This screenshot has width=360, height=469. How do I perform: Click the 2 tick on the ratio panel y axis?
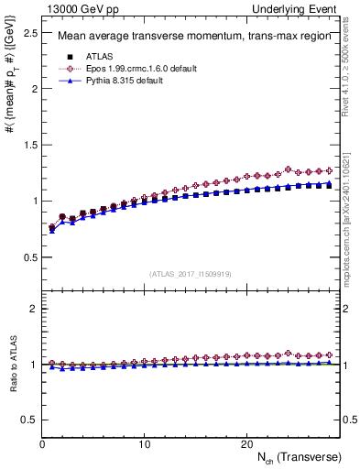click(x=33, y=309)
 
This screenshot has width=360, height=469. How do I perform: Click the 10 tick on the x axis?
click(x=144, y=444)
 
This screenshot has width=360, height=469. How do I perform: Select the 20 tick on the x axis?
click(x=245, y=444)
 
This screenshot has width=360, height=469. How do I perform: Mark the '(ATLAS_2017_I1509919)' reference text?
click(x=190, y=273)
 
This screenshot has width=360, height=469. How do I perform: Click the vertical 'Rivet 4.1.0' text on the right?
click(x=352, y=63)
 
